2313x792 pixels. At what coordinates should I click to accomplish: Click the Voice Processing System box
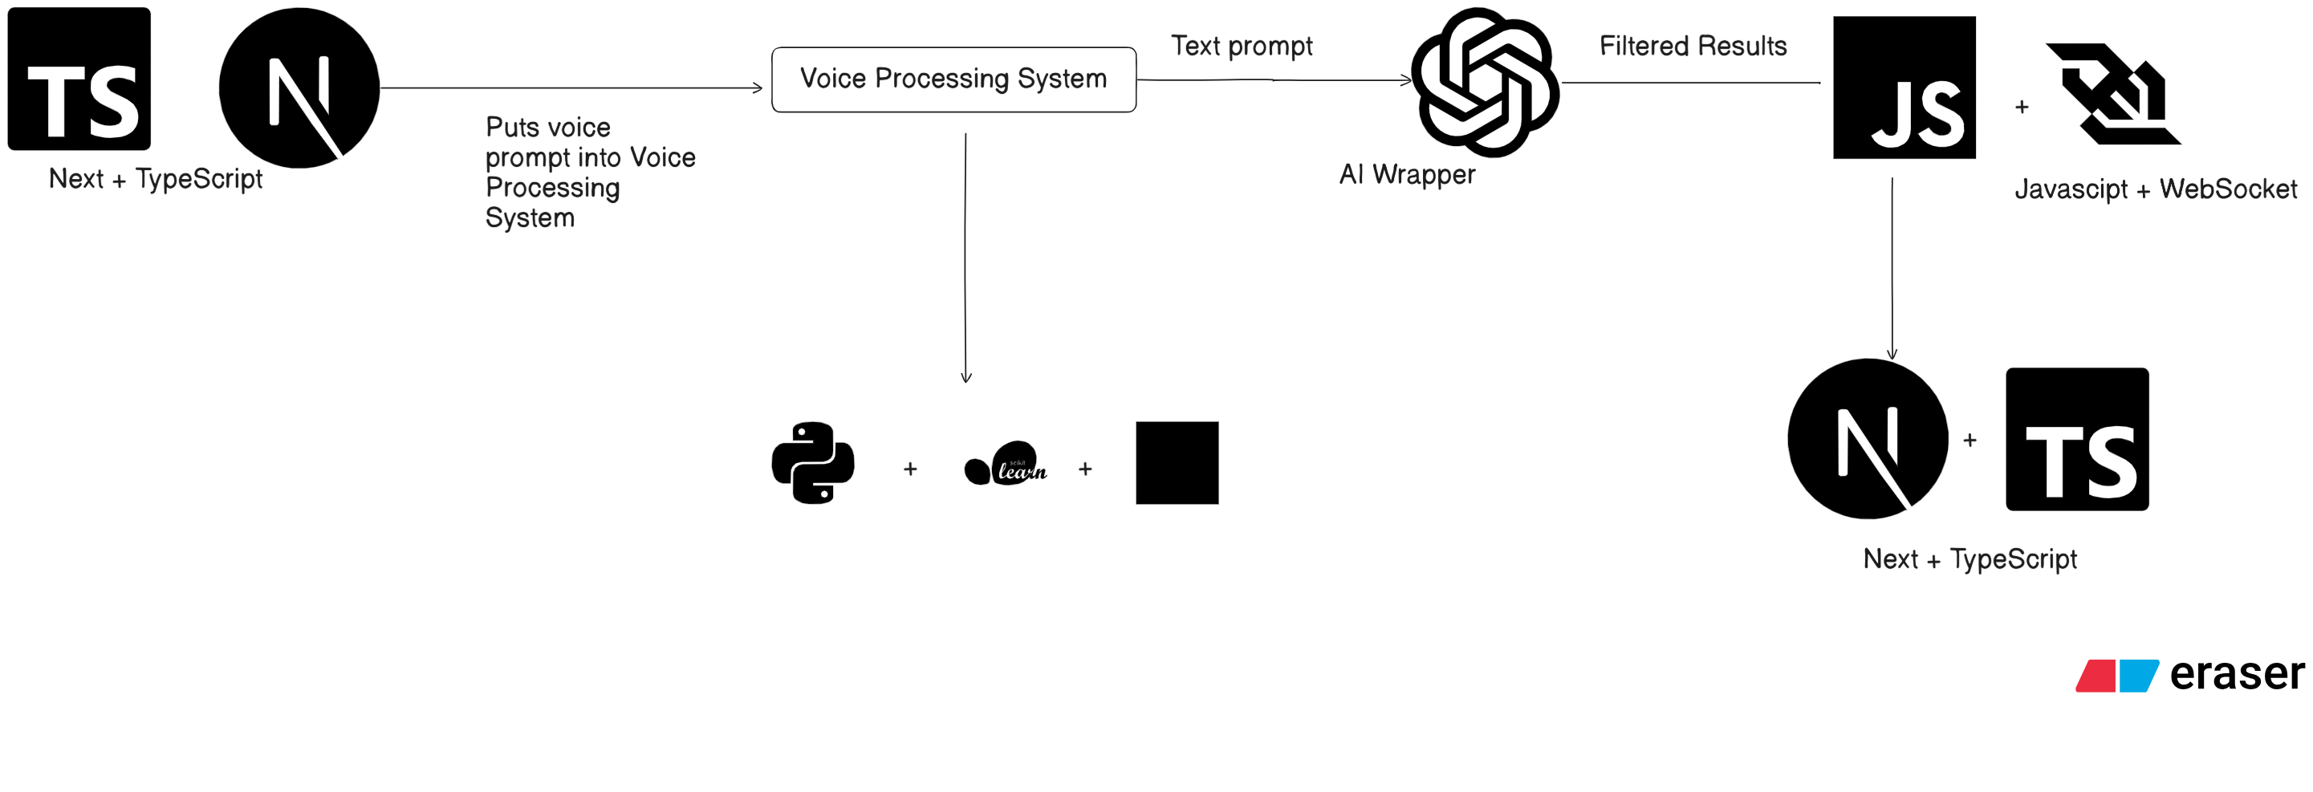[x=953, y=79]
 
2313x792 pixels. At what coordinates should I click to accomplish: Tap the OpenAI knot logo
[x=1485, y=82]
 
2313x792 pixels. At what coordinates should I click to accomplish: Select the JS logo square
[x=1904, y=87]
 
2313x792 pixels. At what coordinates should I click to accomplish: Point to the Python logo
[x=813, y=462]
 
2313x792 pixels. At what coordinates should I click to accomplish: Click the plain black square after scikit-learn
[x=1177, y=462]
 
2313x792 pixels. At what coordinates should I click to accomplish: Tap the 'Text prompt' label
[x=1241, y=46]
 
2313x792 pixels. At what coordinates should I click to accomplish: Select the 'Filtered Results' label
[x=1693, y=46]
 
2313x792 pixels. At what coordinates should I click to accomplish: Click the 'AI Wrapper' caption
[x=1407, y=174]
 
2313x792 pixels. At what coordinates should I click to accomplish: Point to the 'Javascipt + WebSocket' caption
[x=2155, y=189]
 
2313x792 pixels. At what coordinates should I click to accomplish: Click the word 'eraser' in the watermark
[x=2236, y=673]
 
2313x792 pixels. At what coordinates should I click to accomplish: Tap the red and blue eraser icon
[x=2116, y=676]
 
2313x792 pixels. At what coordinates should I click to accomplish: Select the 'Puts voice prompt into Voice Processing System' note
[x=590, y=173]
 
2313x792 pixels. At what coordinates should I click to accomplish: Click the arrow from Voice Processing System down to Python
[x=965, y=261]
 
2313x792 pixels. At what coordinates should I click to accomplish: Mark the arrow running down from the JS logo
[x=1892, y=270]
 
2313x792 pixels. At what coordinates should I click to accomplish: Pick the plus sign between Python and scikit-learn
[x=909, y=469]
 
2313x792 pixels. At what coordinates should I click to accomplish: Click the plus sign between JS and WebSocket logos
[x=2021, y=107]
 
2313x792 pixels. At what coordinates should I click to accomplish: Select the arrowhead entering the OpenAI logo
[x=1406, y=80]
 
